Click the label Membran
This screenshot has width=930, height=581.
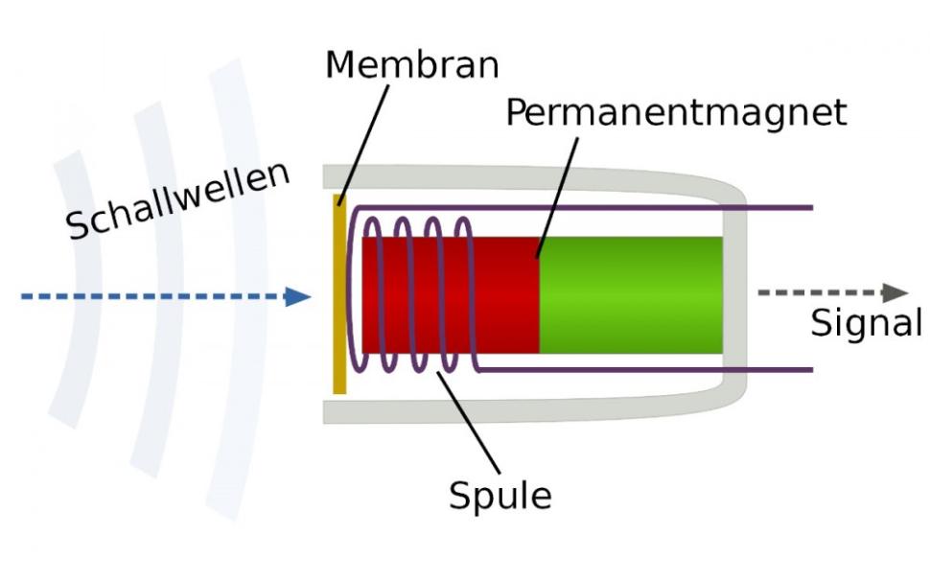tap(411, 65)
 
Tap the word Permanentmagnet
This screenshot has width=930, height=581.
tap(676, 113)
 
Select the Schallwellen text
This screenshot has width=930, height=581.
tap(178, 200)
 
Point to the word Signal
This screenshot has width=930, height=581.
tap(866, 323)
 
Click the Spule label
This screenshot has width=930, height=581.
tap(500, 496)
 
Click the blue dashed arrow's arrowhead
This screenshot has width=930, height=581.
tap(298, 296)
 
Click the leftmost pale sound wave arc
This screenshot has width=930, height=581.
tap(67, 288)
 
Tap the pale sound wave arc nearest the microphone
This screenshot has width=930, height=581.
tap(235, 288)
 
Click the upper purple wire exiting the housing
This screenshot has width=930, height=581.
tap(777, 207)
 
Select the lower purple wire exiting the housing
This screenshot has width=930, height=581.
tap(777, 369)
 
